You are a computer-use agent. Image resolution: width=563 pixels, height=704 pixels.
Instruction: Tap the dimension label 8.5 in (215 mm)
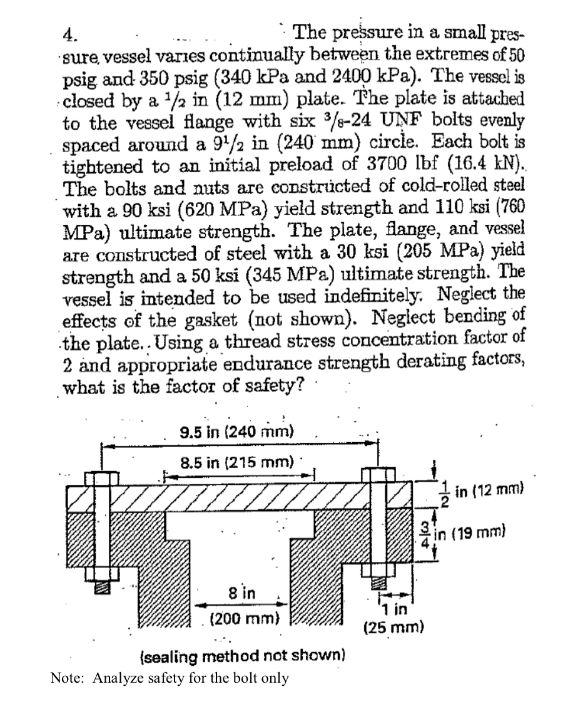point(237,463)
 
